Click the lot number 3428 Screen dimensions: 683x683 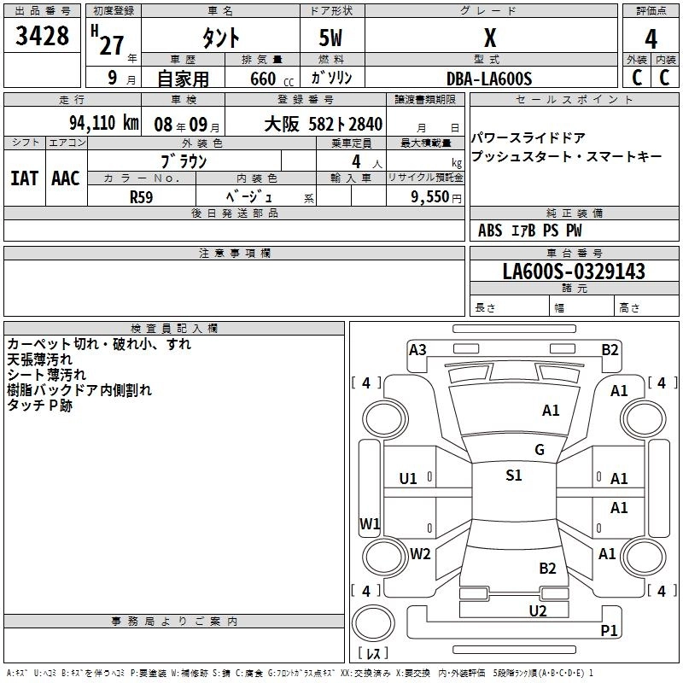pos(43,38)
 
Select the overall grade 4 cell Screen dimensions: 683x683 pos(651,39)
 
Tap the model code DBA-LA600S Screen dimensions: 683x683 pos(489,79)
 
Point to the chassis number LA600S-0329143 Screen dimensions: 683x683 pos(574,272)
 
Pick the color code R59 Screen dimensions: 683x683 pos(142,196)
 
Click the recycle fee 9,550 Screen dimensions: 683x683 pos(430,196)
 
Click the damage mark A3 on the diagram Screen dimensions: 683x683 pos(417,349)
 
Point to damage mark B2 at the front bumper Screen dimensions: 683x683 pos(610,349)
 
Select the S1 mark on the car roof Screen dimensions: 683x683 pos(514,476)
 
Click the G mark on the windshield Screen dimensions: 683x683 pos(540,450)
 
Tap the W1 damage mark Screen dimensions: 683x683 pos(369,523)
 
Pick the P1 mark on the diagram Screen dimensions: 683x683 pos(609,630)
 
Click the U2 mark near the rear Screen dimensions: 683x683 pos(538,610)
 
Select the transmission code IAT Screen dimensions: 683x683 pos(25,178)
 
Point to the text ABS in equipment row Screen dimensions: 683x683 pos(490,231)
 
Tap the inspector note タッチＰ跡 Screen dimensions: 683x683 pos(40,406)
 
